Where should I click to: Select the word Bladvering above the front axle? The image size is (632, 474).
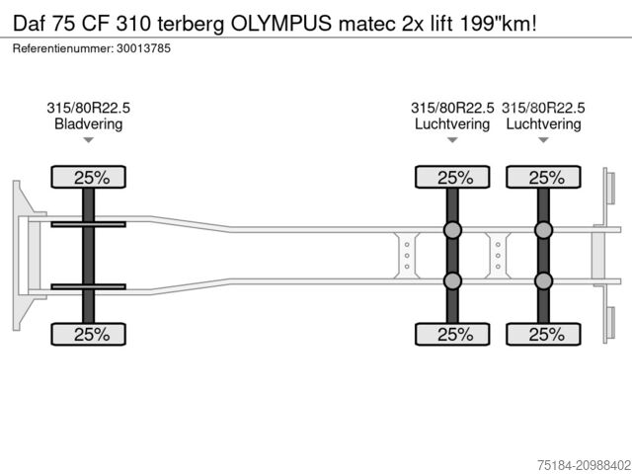pos(88,124)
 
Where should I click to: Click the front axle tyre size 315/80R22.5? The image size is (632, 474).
pos(88,108)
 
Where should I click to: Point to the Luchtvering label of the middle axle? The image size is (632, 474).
pos(452,124)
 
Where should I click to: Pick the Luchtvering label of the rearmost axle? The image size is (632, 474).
pos(543,124)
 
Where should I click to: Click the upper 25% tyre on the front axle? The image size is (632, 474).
pos(88,178)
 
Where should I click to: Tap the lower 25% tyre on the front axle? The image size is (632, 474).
pos(88,334)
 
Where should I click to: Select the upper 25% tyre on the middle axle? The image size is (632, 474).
pos(452,178)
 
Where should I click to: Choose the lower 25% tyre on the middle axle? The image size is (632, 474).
pos(452,334)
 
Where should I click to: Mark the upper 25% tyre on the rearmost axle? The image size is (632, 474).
pos(543,178)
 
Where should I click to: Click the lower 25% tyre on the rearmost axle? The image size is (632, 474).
pos(543,334)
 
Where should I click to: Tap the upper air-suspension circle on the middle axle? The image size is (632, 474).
pos(452,230)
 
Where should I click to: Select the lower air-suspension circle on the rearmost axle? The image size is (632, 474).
pos(543,281)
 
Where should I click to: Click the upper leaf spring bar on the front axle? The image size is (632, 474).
pos(88,225)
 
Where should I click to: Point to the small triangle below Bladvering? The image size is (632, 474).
pos(88,141)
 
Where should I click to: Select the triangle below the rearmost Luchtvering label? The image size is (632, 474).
pos(543,141)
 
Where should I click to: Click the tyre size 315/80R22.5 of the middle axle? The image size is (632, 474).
pos(452,108)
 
